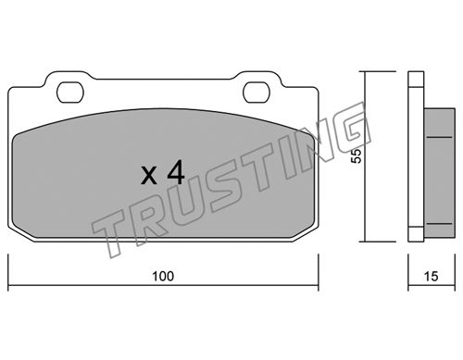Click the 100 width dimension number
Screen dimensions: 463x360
click(163, 277)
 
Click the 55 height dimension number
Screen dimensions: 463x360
click(357, 156)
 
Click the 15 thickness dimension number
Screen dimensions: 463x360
click(431, 277)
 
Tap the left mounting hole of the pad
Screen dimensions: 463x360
click(70, 93)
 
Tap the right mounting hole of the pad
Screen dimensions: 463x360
click(257, 93)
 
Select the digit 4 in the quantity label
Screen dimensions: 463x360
click(176, 174)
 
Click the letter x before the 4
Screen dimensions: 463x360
click(149, 177)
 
